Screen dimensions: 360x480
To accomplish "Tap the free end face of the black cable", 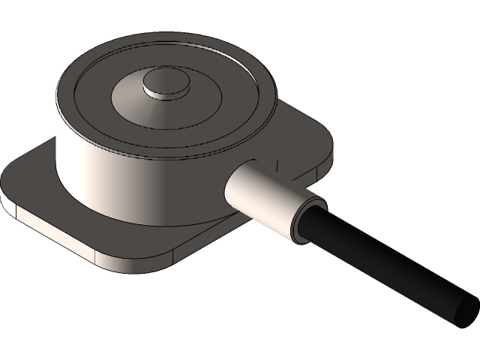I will pos(466,309).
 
